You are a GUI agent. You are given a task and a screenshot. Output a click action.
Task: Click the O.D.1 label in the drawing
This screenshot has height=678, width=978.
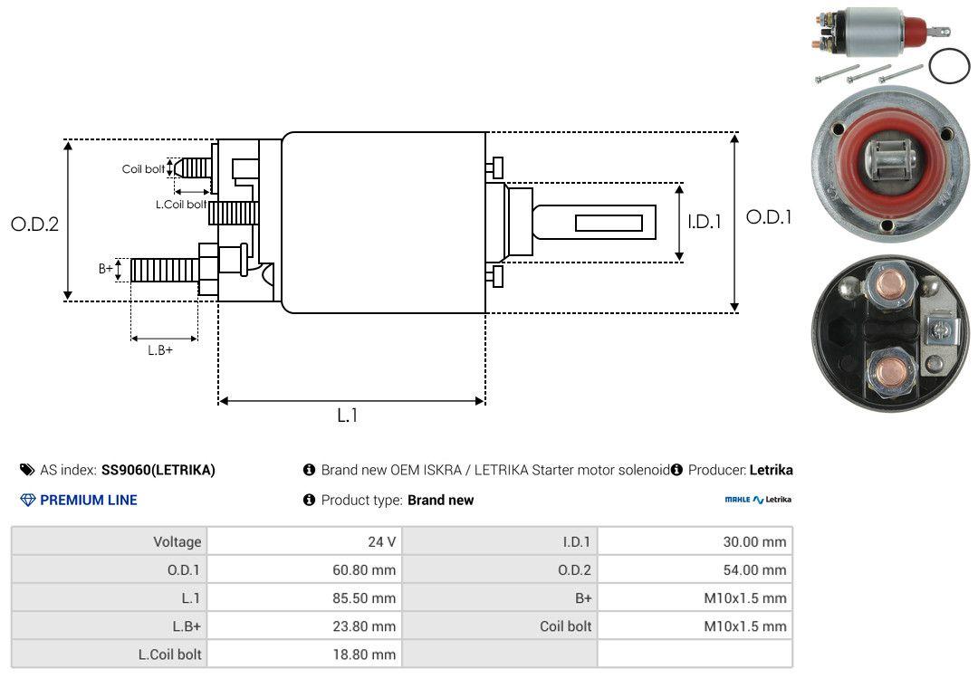[x=769, y=217]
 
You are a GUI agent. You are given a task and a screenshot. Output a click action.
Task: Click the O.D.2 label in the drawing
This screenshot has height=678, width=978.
[x=34, y=224]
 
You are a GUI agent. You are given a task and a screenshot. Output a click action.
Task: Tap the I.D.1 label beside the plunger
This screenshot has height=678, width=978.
[x=705, y=221]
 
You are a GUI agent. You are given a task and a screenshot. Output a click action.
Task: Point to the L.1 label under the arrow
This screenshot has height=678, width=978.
[x=348, y=415]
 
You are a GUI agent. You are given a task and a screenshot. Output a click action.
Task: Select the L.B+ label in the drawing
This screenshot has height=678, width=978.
[x=160, y=349]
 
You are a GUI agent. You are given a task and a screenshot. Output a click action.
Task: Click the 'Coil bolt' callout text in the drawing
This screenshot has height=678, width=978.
[x=143, y=169]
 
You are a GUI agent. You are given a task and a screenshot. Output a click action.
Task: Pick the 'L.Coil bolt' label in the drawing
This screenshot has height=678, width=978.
[x=181, y=205]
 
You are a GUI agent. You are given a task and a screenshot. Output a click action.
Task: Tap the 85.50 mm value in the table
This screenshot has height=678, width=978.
[x=364, y=598]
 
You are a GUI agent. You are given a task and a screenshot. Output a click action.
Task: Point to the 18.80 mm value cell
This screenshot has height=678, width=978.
[x=364, y=654]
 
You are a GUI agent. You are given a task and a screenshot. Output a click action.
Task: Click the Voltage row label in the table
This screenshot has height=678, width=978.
[x=177, y=542]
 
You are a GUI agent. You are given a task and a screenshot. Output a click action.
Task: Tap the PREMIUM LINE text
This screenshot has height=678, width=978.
[x=88, y=500]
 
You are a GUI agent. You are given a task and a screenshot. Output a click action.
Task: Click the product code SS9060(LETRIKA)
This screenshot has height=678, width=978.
[x=158, y=470]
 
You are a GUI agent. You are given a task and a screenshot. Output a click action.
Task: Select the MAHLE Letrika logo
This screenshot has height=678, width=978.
[x=758, y=500]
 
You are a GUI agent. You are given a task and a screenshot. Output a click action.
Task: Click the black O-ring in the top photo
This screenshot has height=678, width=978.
[x=949, y=66]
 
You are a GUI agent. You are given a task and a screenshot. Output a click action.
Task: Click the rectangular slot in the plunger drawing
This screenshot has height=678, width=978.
[x=609, y=224]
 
